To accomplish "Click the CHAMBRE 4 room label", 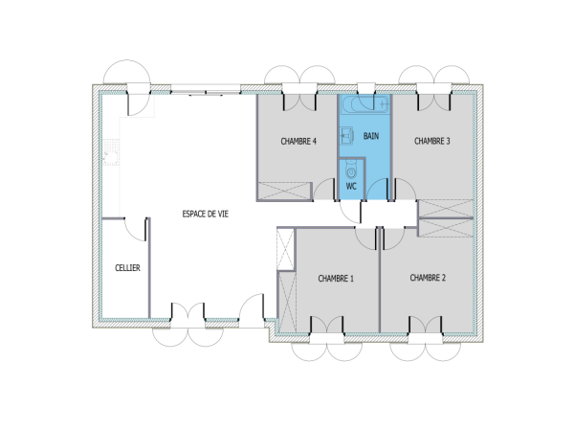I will tap(298, 141).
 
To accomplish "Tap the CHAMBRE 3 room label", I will tap(432, 141).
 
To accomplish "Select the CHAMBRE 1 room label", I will tap(336, 279).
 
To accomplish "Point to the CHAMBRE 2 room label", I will tap(428, 278).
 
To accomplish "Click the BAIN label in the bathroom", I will tap(371, 136).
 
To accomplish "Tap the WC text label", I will tap(350, 185).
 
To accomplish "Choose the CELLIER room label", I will tap(127, 268).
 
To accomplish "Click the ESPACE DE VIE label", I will tap(206, 215).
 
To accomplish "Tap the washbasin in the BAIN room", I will tap(348, 135).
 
